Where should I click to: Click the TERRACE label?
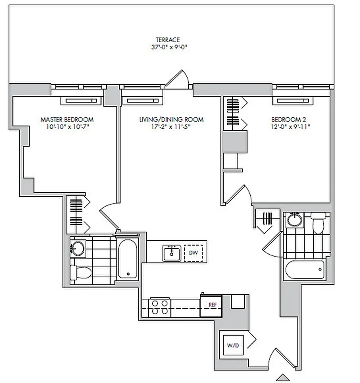point(168,40)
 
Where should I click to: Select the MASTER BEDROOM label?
point(67,119)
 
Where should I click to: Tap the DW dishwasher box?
point(193,252)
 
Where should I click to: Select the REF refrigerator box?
point(211,304)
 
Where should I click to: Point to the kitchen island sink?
point(171,252)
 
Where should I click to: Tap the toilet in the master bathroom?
point(82,273)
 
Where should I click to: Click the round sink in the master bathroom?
point(77,247)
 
